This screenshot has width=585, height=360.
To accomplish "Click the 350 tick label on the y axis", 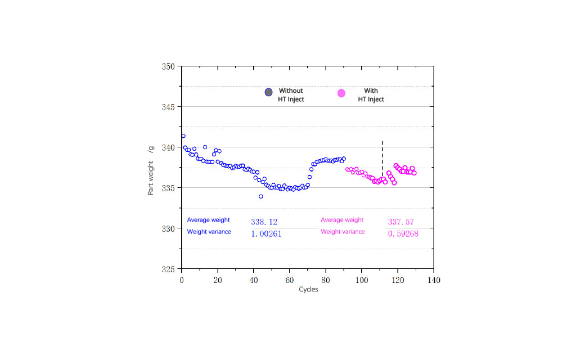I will point(169,66).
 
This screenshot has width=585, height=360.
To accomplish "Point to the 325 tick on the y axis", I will point(169,269).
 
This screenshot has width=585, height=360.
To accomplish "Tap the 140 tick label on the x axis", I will point(433,280).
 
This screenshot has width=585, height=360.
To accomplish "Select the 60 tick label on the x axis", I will point(289,280).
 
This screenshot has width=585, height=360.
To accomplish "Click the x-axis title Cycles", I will point(308,290).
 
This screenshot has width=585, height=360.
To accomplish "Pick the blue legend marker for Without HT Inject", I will point(269,92).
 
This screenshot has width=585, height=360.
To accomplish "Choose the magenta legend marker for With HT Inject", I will point(341,93).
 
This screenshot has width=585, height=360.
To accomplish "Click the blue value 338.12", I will point(264,222).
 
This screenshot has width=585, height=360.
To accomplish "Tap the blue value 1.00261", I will point(266,233).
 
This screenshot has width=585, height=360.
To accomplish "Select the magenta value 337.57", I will point(401,222).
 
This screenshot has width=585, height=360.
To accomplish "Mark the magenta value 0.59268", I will point(403,233).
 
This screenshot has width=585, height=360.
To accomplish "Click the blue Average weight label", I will point(209,220).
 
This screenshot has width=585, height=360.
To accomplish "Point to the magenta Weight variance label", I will point(343,232).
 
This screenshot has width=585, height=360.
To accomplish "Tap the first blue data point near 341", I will point(183,136).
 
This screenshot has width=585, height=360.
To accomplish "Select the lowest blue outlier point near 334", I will point(261,196).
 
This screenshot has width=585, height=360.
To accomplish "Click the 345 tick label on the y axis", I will point(169,107).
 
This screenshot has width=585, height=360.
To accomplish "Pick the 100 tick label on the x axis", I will point(361,280).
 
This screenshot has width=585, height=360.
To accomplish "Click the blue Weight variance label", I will point(209,232).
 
